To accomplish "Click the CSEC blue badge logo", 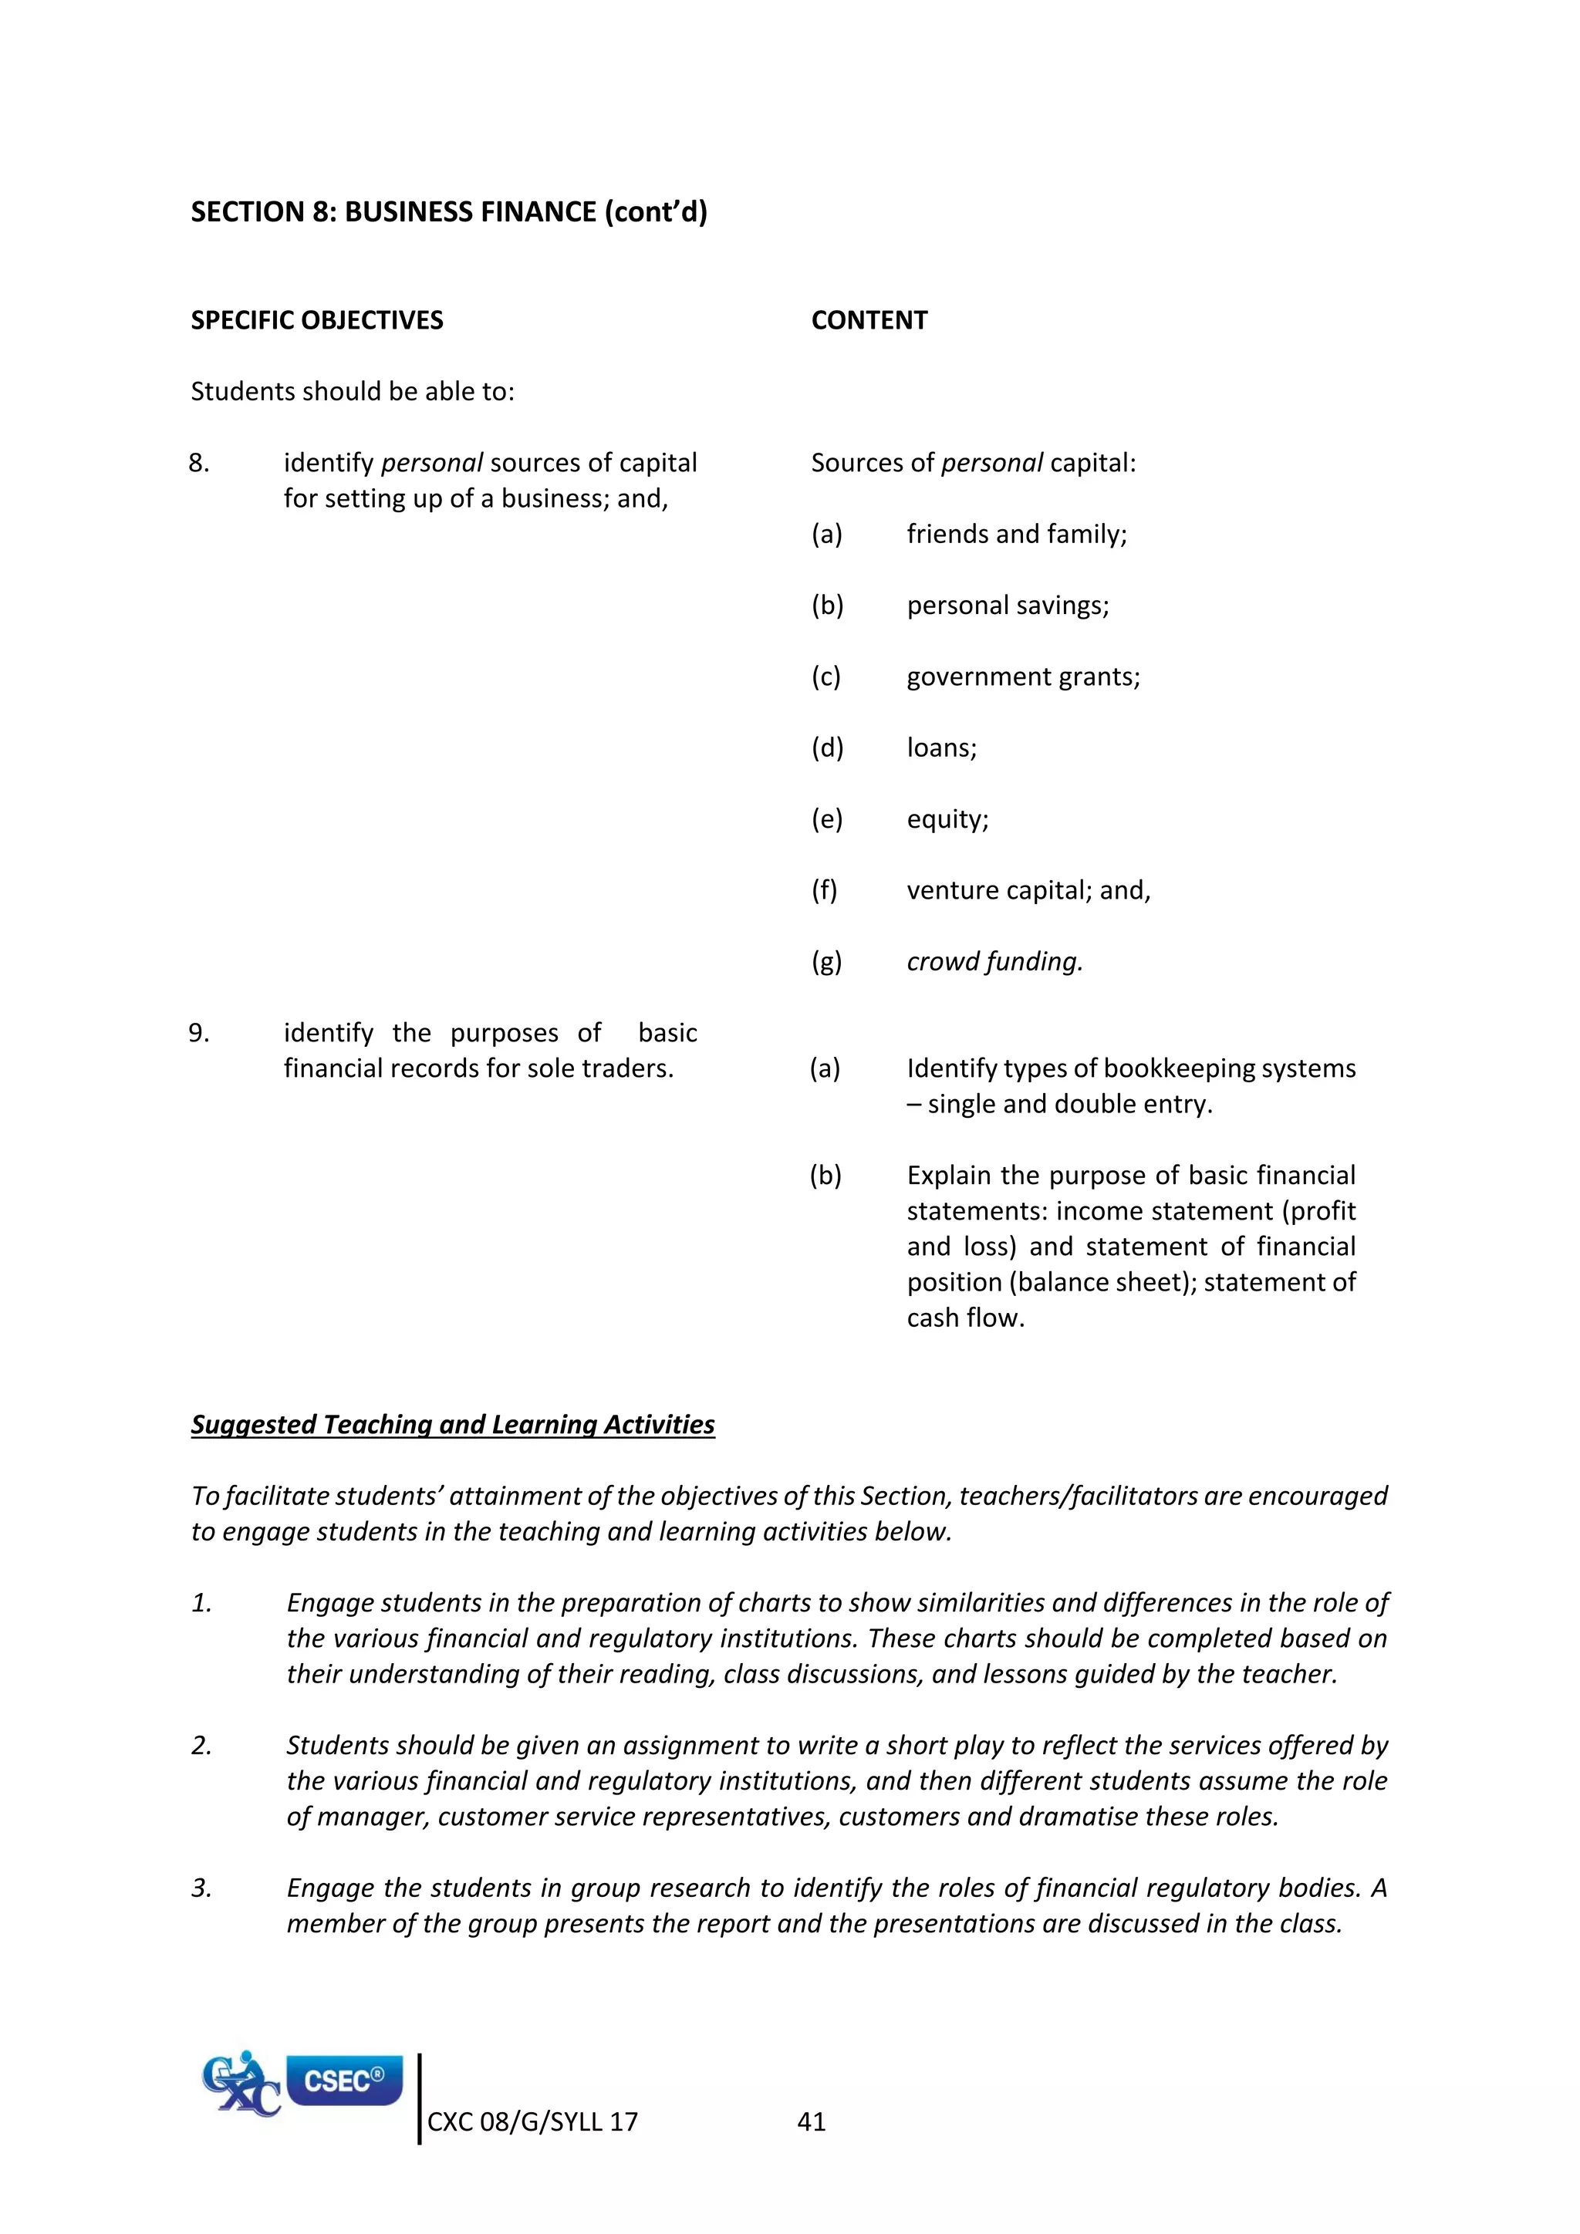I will tap(344, 2080).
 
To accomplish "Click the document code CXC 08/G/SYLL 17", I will tap(532, 2121).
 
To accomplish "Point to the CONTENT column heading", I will tap(869, 320).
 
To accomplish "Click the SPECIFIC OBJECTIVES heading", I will tap(316, 320).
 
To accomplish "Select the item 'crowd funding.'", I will tap(994, 961).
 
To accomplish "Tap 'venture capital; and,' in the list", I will tap(1028, 890).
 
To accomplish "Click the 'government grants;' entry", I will tap(1022, 677).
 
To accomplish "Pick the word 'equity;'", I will tap(947, 819).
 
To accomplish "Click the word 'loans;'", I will tap(940, 747).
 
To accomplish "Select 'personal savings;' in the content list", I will tap(1007, 606).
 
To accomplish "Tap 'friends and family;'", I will tap(1016, 534).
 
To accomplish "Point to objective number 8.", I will tap(198, 463).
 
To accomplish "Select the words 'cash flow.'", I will tap(965, 1318).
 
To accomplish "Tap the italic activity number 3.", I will tap(201, 1888).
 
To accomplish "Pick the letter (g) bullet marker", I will tap(826, 961).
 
